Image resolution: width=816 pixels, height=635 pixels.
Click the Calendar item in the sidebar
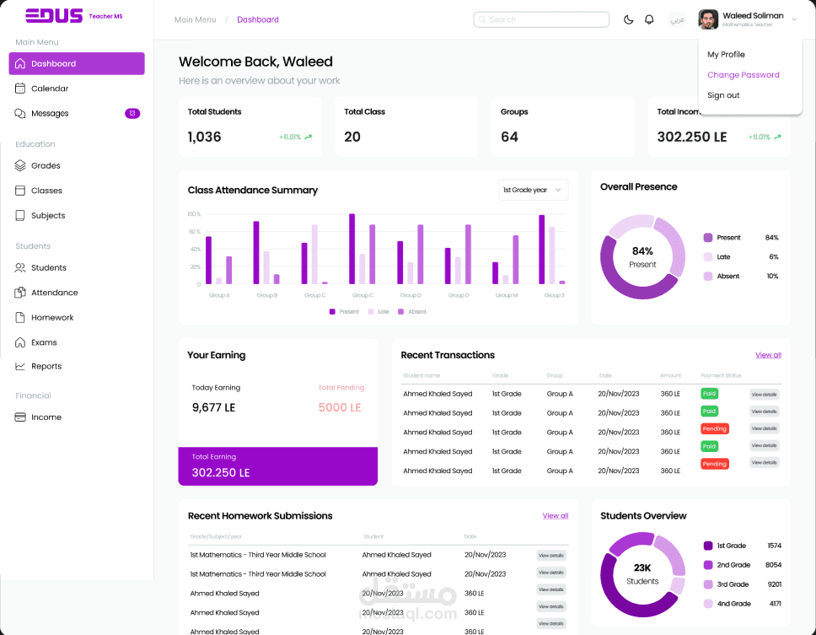(x=49, y=89)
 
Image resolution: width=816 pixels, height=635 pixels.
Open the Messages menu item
(x=49, y=114)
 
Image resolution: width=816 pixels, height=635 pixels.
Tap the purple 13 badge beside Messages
(x=132, y=113)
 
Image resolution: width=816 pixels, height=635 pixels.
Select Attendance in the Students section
(x=54, y=293)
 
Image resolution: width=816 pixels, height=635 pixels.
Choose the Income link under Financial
(x=46, y=417)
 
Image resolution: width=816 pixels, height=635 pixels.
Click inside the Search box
(x=541, y=19)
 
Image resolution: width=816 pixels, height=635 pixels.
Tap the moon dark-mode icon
(x=628, y=19)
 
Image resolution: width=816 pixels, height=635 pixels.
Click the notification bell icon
(x=649, y=19)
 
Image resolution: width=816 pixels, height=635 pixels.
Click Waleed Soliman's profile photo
(x=708, y=19)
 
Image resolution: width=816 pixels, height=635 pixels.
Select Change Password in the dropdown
(x=743, y=75)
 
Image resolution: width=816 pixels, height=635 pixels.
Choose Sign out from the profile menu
(x=723, y=95)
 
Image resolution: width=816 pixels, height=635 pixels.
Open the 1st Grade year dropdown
(x=533, y=191)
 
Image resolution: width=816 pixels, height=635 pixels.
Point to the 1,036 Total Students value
(x=204, y=137)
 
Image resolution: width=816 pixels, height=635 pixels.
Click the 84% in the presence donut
(x=642, y=251)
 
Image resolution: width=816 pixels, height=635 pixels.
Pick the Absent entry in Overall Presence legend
(x=727, y=277)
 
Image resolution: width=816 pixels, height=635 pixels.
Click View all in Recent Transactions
(x=768, y=355)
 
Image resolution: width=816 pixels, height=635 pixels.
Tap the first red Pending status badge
(x=714, y=429)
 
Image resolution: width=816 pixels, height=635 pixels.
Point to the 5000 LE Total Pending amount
(x=340, y=407)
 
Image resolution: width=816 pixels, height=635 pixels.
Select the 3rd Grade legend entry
(x=732, y=584)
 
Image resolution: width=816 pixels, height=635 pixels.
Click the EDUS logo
(x=54, y=15)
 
